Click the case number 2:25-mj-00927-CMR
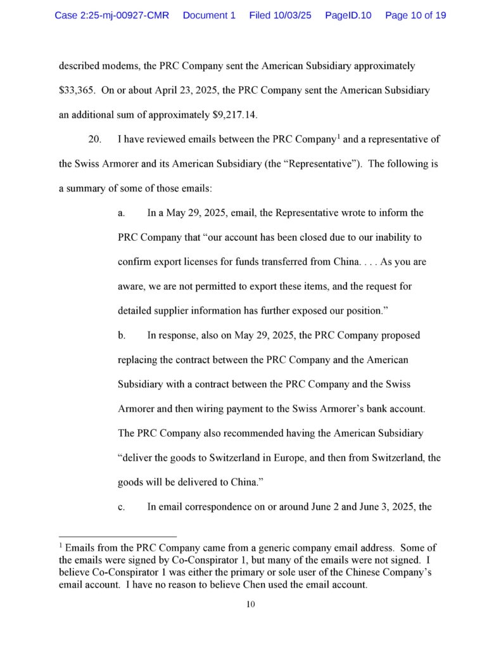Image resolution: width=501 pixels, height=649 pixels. [111, 15]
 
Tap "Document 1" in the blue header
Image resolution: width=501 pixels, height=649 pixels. [209, 15]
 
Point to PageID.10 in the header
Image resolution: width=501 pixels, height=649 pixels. [348, 15]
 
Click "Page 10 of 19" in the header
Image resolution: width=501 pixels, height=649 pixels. [415, 15]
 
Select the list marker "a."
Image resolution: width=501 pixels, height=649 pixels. [121, 213]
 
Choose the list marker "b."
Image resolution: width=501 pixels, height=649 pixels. [121, 335]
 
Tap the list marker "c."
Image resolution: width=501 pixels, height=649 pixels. [121, 506]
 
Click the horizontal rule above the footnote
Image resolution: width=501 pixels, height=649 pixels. [117, 536]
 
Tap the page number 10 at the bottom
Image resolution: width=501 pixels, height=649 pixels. [250, 604]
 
